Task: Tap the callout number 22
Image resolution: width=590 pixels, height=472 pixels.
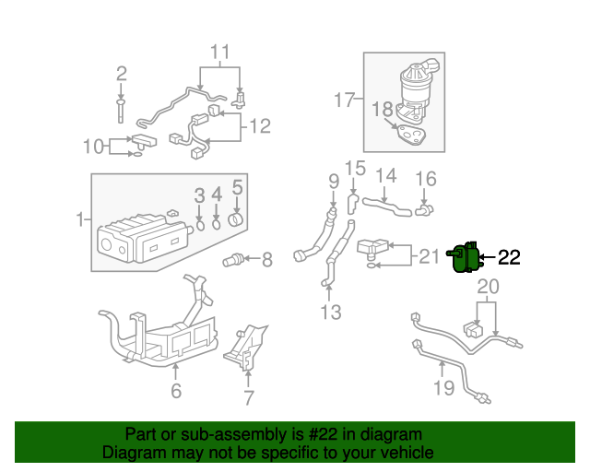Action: pyautogui.click(x=510, y=258)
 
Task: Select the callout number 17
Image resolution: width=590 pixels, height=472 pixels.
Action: pyautogui.click(x=344, y=100)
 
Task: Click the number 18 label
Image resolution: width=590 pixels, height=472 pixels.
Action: pyautogui.click(x=383, y=110)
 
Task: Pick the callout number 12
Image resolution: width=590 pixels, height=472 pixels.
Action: pyautogui.click(x=260, y=125)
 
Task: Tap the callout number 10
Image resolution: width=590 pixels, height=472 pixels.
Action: pyautogui.click(x=94, y=146)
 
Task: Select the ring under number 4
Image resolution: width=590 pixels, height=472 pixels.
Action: pyautogui.click(x=217, y=222)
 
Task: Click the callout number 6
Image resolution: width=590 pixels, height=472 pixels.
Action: pyautogui.click(x=176, y=391)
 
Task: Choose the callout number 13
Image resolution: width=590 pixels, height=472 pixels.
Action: pyautogui.click(x=330, y=313)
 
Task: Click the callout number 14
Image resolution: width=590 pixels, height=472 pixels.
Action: pyautogui.click(x=385, y=176)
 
